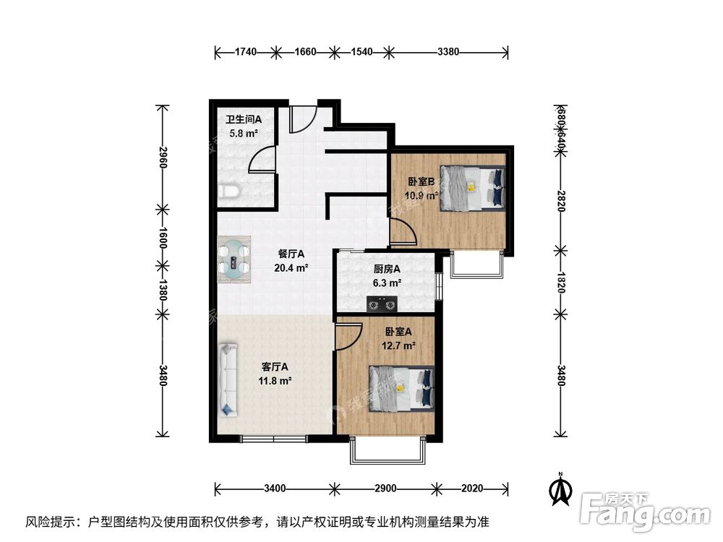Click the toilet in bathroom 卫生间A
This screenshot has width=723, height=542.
(228, 191)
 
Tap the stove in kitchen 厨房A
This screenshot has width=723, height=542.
(383, 305)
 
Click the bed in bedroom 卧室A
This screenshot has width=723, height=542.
(401, 387)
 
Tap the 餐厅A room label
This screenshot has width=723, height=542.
(291, 254)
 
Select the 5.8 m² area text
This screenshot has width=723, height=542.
(244, 134)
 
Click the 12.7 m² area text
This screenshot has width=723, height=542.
(398, 345)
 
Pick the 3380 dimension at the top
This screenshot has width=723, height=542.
(449, 52)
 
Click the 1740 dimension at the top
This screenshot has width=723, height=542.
(246, 52)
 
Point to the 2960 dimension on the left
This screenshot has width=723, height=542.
(163, 158)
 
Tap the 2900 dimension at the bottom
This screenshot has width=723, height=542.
(386, 488)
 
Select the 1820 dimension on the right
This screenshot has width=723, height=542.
(560, 282)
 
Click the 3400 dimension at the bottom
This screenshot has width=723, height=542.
(275, 488)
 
